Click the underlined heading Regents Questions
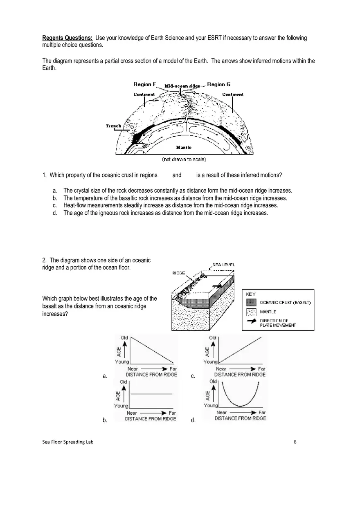click(67, 38)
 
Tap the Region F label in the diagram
click(145, 85)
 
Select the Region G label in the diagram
click(218, 85)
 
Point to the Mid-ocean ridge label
click(182, 86)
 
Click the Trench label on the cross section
click(113, 126)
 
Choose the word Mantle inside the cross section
click(184, 147)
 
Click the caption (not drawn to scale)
click(184, 159)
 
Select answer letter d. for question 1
click(55, 213)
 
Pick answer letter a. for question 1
click(55, 191)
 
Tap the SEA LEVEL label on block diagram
click(224, 265)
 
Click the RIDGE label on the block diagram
click(179, 273)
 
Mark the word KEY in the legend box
click(251, 294)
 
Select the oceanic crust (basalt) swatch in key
click(251, 303)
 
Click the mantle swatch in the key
click(251, 312)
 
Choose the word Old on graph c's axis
click(212, 338)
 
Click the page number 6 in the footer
click(295, 442)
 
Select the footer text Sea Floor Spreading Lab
click(67, 442)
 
